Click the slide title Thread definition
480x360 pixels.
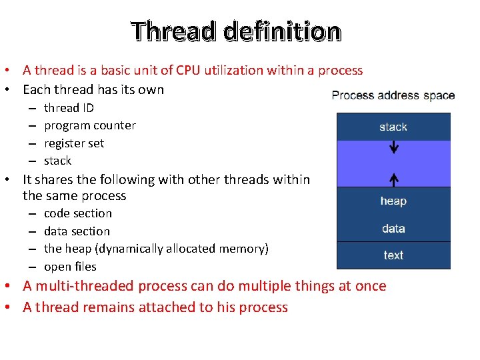click(x=236, y=31)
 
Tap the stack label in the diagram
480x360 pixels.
click(x=393, y=127)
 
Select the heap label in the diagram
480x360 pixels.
click(x=393, y=201)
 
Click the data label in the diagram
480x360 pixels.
click(x=393, y=228)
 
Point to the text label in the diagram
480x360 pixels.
click(x=393, y=255)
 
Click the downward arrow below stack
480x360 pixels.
click(x=394, y=146)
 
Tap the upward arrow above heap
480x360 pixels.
click(x=394, y=179)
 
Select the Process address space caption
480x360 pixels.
click(x=393, y=95)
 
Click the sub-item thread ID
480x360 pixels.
click(x=69, y=108)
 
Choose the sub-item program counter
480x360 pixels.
click(x=89, y=125)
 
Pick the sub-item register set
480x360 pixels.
click(x=74, y=143)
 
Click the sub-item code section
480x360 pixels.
click(x=78, y=213)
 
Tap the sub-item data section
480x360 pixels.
click(x=77, y=231)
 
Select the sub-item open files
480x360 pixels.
click(x=70, y=267)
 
